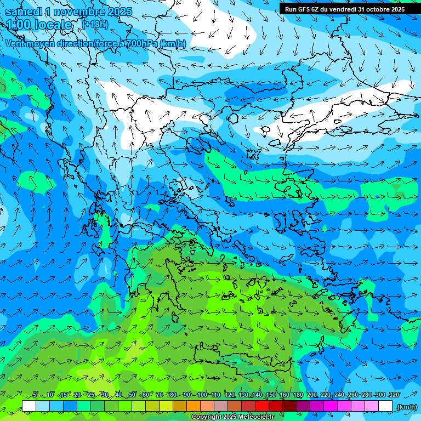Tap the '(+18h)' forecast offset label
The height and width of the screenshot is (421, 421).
[94, 24]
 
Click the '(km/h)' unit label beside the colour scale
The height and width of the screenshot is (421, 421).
[407, 406]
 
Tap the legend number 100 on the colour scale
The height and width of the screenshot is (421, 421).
[202, 395]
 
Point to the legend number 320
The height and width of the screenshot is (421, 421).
[393, 395]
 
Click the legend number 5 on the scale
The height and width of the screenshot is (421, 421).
[35, 395]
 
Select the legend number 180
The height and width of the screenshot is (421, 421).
[298, 395]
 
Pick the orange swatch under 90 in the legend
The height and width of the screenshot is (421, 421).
[194, 406]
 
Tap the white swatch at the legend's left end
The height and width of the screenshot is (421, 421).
[29, 406]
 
